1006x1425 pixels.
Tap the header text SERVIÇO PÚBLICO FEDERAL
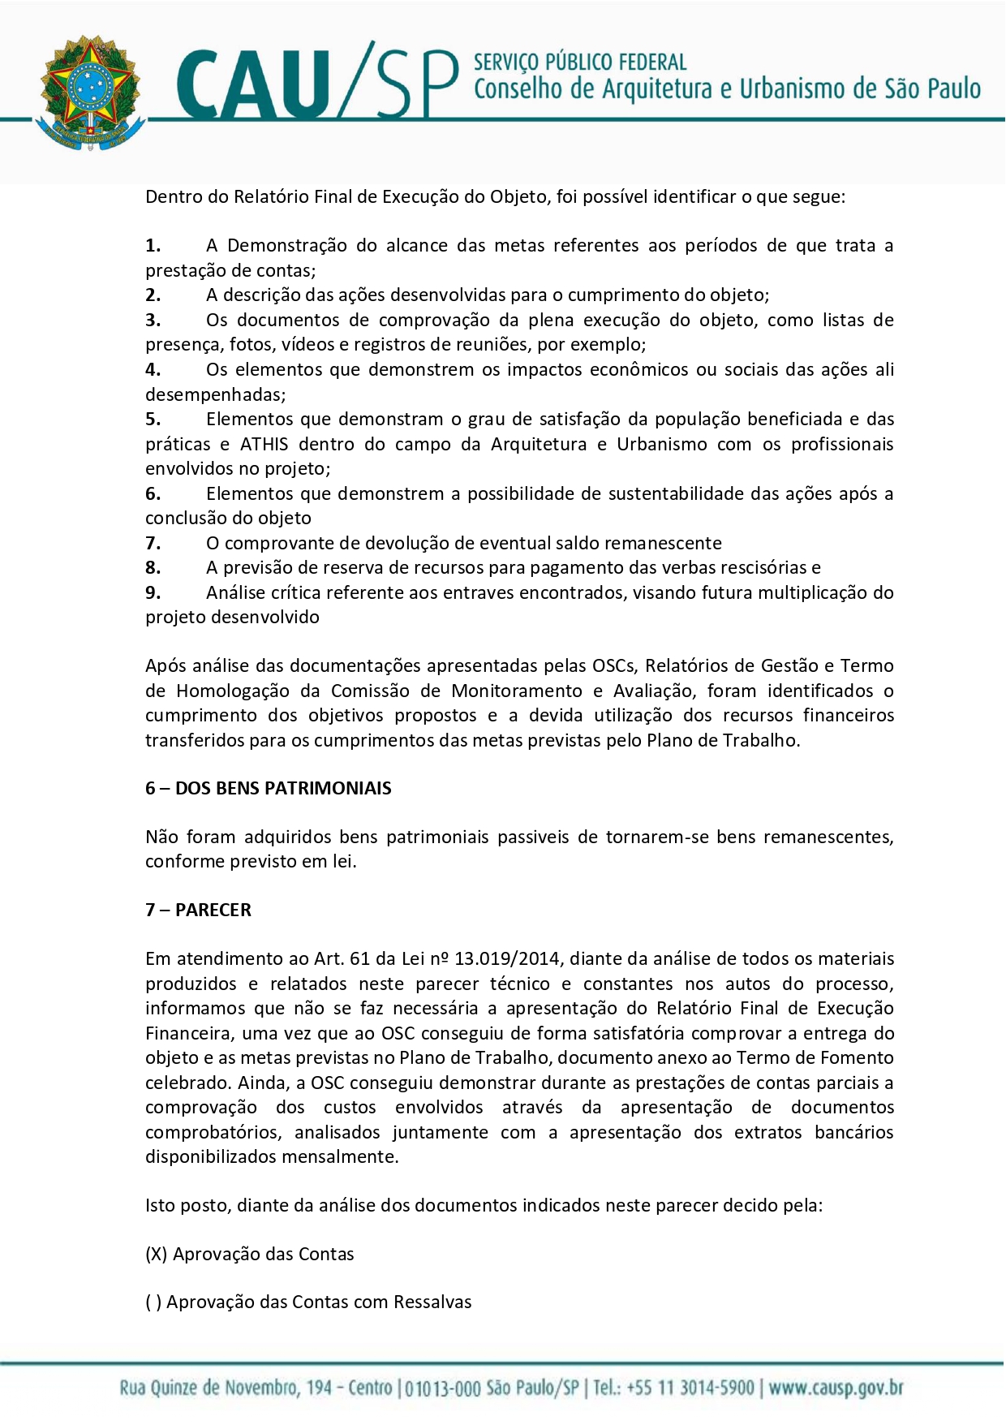(x=579, y=62)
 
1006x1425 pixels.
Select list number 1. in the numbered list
(x=153, y=246)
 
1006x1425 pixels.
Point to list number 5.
(x=153, y=420)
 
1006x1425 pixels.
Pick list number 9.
(x=153, y=593)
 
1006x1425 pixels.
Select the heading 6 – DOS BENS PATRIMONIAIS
(x=268, y=789)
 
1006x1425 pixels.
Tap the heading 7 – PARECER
(x=198, y=911)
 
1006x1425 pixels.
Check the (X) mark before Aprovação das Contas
(x=157, y=1255)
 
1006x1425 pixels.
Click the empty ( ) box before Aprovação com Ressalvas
(x=153, y=1302)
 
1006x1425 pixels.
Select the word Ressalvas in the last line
(x=432, y=1302)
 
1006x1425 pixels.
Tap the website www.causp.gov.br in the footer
(x=836, y=1388)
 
